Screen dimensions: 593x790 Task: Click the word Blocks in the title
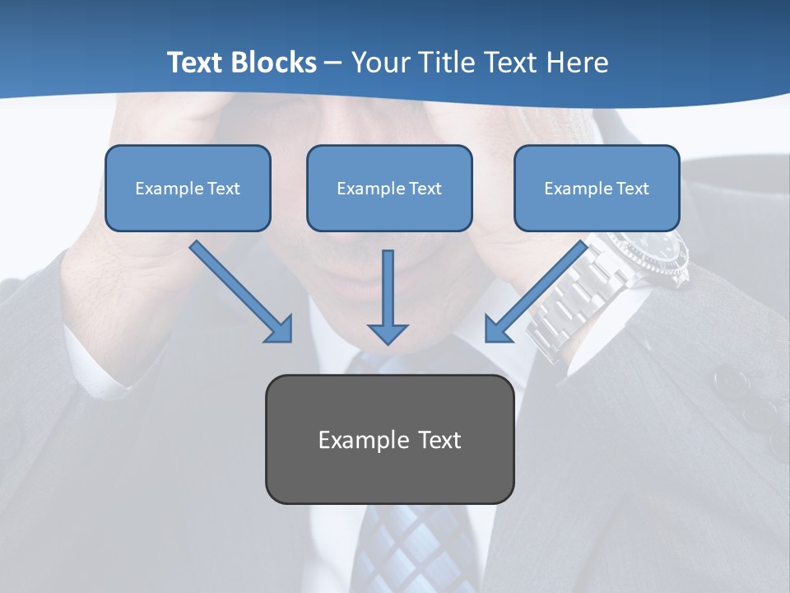(x=275, y=63)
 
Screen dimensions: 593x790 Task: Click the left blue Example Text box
(x=188, y=188)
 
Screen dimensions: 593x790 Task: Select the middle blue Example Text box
(x=389, y=188)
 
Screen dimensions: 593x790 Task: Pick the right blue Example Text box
(x=597, y=188)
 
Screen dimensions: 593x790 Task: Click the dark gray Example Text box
(x=389, y=439)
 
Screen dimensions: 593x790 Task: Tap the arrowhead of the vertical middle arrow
(x=388, y=333)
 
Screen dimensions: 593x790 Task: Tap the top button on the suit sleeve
(x=730, y=380)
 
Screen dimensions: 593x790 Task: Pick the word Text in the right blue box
(x=632, y=189)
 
